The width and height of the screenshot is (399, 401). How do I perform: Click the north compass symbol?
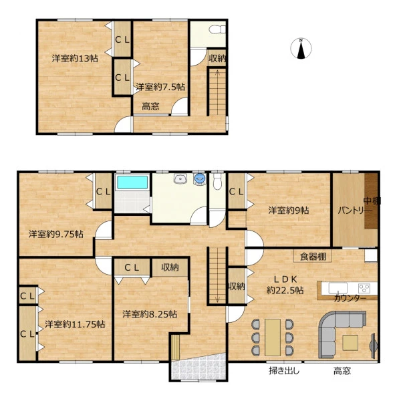[x=301, y=48]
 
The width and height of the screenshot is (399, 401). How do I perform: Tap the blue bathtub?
[x=132, y=183]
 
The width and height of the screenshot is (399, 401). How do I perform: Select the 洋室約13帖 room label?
[x=75, y=59]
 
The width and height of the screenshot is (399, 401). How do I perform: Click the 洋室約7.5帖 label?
[x=160, y=87]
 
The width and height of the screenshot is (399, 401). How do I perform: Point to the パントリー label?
[x=355, y=211]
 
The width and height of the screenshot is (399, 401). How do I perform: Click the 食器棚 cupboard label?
[x=313, y=256]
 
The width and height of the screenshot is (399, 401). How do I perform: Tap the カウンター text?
[x=350, y=298]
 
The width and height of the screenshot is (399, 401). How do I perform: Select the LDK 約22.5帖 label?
[x=285, y=285]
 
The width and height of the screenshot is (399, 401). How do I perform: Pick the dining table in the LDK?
[x=273, y=338]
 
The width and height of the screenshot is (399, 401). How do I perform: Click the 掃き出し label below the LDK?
[x=284, y=370]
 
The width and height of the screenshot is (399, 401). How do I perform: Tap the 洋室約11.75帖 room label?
[x=75, y=324]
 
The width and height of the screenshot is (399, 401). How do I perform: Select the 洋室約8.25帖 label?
[x=150, y=314]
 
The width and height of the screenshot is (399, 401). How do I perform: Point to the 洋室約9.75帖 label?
[x=55, y=234]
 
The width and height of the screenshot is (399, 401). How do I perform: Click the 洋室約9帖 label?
[x=289, y=211]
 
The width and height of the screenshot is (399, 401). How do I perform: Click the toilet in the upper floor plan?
[x=217, y=29]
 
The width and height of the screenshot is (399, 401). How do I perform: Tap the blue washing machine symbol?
[x=200, y=178]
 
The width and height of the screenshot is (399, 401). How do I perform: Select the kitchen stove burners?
[x=364, y=288]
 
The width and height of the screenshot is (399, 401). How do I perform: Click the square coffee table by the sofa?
[x=350, y=343]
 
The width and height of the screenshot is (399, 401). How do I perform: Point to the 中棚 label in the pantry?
[x=372, y=201]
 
